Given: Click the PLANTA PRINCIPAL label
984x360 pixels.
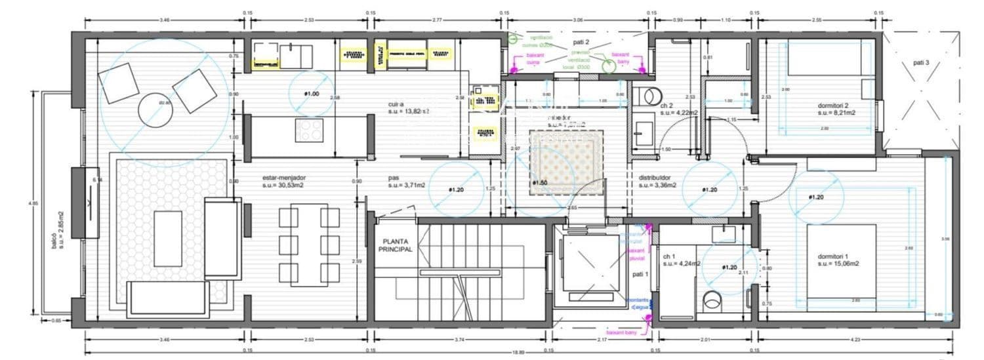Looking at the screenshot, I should click(x=396, y=245).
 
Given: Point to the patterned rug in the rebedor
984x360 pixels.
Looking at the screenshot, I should click(x=565, y=161).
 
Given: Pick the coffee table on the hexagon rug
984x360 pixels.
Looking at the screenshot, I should click(x=167, y=239).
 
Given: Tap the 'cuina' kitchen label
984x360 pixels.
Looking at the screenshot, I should click(x=395, y=104).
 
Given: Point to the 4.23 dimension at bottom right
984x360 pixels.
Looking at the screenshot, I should click(x=854, y=340).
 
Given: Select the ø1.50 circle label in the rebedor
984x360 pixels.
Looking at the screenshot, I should click(x=540, y=183).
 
